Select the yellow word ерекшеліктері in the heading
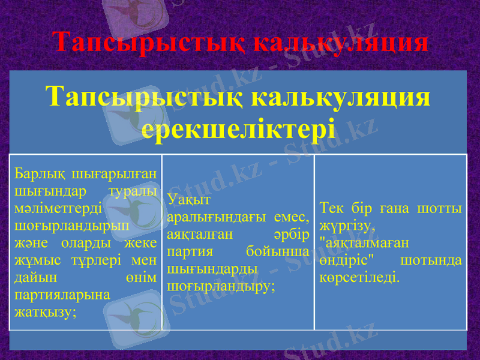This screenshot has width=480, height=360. tap(238, 128)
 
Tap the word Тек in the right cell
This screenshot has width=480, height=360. tap(332, 208)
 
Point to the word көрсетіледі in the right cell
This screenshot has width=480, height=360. tap(359, 278)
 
